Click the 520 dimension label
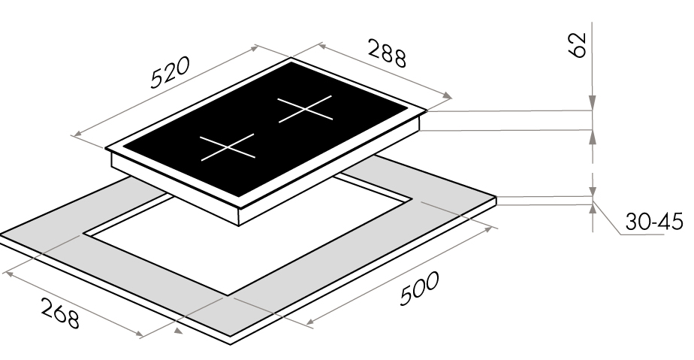tap(170, 71)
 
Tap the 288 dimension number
tap(386, 53)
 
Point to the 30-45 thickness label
tap(654, 221)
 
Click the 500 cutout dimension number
tap(419, 289)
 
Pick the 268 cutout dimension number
tap(60, 313)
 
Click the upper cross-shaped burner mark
tap(305, 108)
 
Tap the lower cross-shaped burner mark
tap(228, 147)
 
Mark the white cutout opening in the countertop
tap(248, 239)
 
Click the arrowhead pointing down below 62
tap(593, 102)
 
